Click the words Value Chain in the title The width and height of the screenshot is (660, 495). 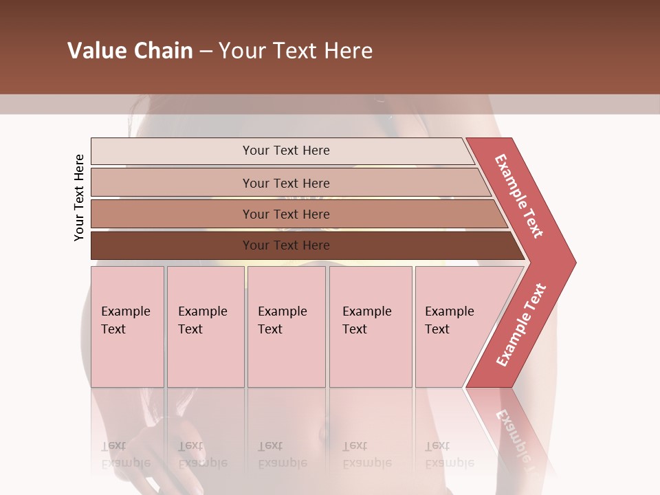pyautogui.click(x=130, y=51)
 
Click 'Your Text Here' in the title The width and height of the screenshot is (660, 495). pyautogui.click(x=296, y=51)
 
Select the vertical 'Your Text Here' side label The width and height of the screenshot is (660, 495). pyautogui.click(x=79, y=197)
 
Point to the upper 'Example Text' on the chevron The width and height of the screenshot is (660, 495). pyautogui.click(x=519, y=196)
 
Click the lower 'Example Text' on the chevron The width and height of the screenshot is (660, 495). pyautogui.click(x=521, y=325)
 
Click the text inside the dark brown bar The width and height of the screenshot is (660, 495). pyautogui.click(x=286, y=245)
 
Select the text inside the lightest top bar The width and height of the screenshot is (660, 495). pyautogui.click(x=286, y=151)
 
